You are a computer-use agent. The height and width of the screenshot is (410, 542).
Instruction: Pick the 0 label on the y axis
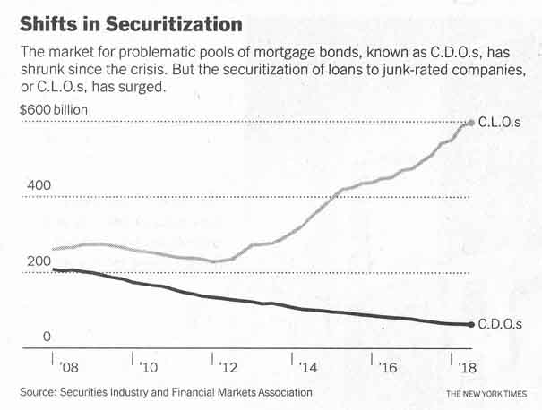[x=51, y=337]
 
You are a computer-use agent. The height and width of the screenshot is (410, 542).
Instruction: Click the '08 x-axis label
[x=67, y=367]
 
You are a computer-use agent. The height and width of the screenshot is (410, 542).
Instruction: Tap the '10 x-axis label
[x=148, y=367]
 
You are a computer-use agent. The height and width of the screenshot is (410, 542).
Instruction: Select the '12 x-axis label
[x=228, y=367]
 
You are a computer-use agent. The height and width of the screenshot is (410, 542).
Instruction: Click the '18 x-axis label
[x=467, y=367]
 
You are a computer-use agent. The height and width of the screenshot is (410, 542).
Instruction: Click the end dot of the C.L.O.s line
[x=471, y=122]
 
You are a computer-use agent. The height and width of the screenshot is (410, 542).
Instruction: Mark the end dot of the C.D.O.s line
[x=471, y=324]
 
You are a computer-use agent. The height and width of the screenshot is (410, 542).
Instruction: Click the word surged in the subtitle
[x=144, y=89]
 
